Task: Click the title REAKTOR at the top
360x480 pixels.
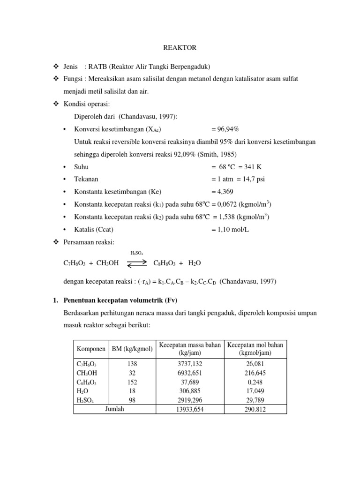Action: click(180, 48)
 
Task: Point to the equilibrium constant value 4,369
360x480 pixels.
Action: click(222, 192)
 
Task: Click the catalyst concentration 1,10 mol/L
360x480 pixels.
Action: click(231, 230)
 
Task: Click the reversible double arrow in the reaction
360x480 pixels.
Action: click(136, 263)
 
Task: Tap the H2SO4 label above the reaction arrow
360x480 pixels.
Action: click(136, 253)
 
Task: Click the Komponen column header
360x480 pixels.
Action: click(91, 349)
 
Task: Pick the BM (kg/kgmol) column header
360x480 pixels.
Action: click(132, 349)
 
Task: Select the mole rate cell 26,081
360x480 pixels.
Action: click(255, 363)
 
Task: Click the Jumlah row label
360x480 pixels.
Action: click(115, 408)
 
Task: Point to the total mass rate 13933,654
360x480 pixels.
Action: click(190, 409)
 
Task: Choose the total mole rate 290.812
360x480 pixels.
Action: click(255, 409)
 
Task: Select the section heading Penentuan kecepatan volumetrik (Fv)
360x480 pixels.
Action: click(124, 300)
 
